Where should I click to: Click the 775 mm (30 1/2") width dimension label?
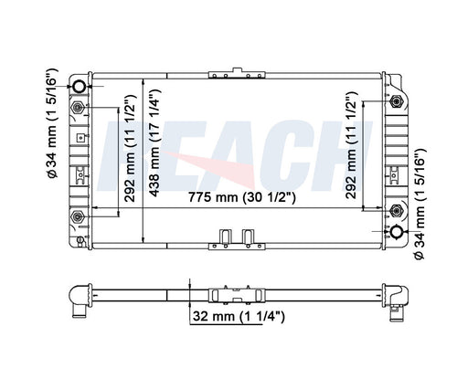242,197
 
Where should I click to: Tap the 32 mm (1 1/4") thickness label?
239,317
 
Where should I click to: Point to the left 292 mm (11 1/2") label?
131,148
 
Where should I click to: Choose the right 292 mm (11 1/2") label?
351,145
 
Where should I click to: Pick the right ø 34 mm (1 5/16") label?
420,204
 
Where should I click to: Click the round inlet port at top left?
80,87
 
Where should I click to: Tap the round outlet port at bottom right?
398,232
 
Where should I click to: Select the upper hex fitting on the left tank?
78,108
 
